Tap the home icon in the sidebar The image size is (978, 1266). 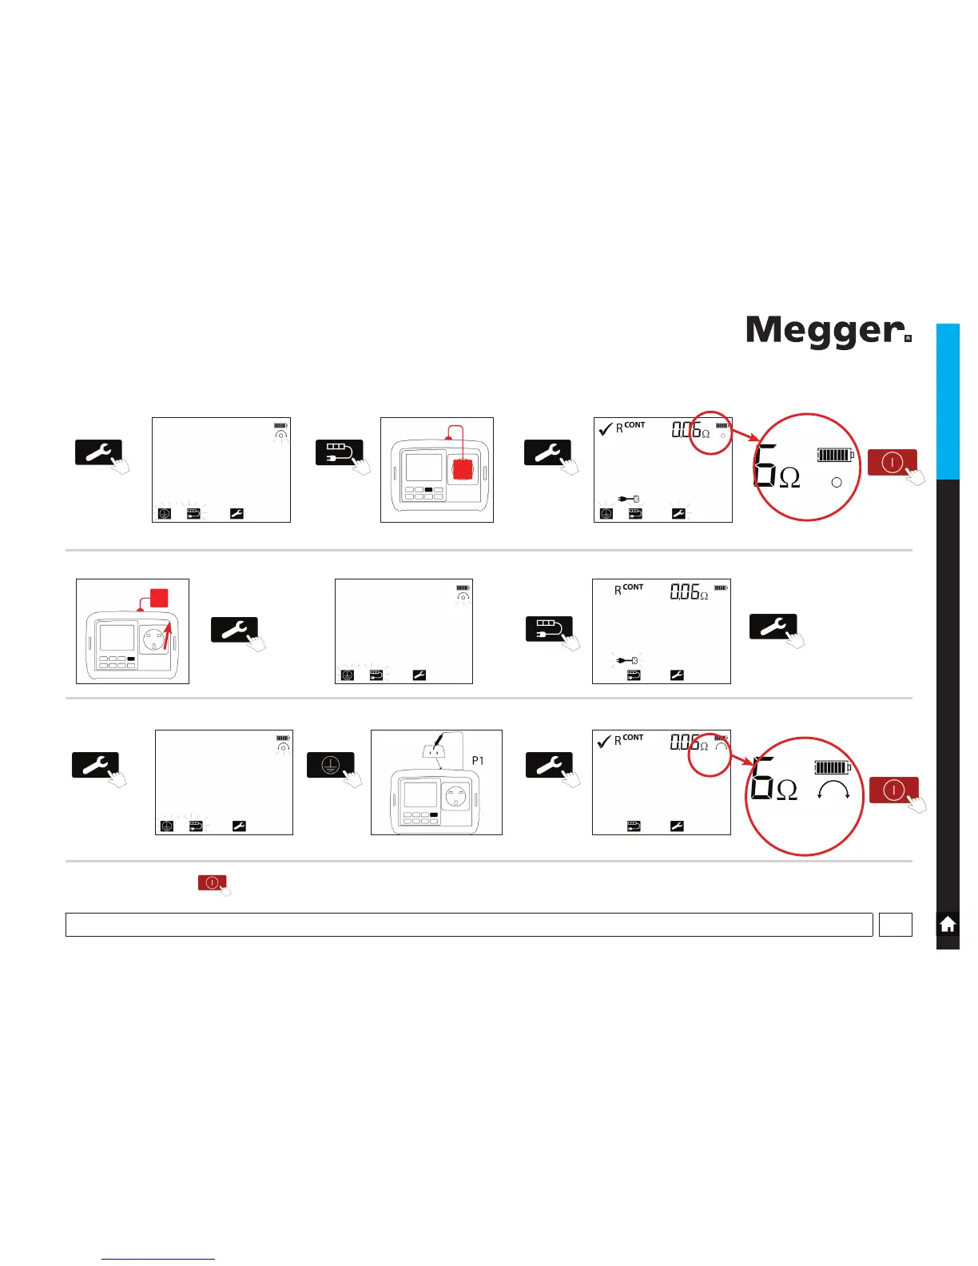pyautogui.click(x=948, y=925)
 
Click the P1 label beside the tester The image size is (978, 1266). pyautogui.click(x=477, y=761)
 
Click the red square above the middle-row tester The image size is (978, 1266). pyautogui.click(x=159, y=598)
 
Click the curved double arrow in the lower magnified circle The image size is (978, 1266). pyautogui.click(x=833, y=790)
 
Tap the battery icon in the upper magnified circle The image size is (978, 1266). pyautogui.click(x=835, y=456)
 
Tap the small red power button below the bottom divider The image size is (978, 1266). pyautogui.click(x=212, y=882)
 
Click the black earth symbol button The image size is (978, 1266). pyautogui.click(x=330, y=765)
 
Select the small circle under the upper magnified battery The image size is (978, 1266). pyautogui.click(x=837, y=483)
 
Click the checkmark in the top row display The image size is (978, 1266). pyautogui.click(x=606, y=429)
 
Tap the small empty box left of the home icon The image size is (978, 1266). pyautogui.click(x=895, y=925)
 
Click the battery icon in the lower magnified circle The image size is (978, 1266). pyautogui.click(x=833, y=767)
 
